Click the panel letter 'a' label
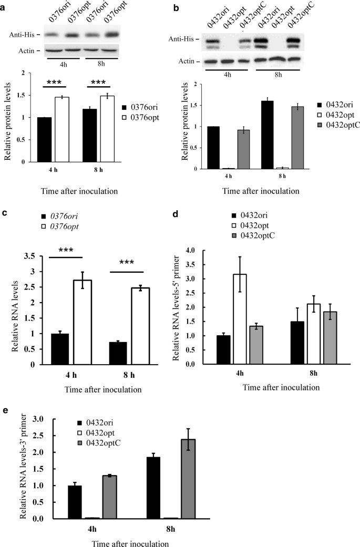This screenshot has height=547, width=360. click(x=4, y=4)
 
